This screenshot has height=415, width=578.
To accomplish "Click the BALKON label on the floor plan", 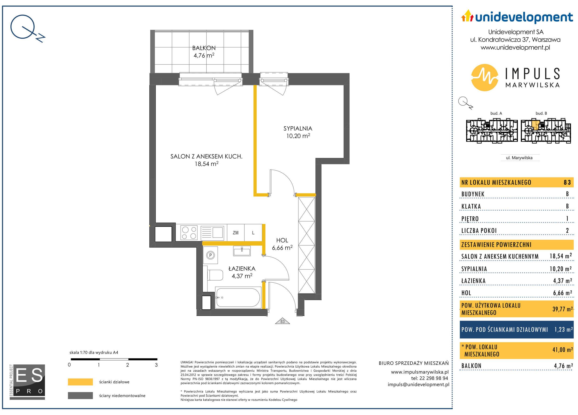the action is (204, 48).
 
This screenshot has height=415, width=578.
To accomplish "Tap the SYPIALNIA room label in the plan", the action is (298, 129).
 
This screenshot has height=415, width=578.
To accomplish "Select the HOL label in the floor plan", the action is (282, 240).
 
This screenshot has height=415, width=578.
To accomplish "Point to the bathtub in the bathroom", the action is (237, 297).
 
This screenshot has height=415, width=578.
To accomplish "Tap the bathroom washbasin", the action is (242, 251).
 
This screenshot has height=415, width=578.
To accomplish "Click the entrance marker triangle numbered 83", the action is (282, 321).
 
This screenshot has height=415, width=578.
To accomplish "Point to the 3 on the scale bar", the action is (156, 365).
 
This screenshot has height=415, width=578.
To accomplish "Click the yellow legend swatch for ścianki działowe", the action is (80, 382).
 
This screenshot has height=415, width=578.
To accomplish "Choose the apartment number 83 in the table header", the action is (567, 182).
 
